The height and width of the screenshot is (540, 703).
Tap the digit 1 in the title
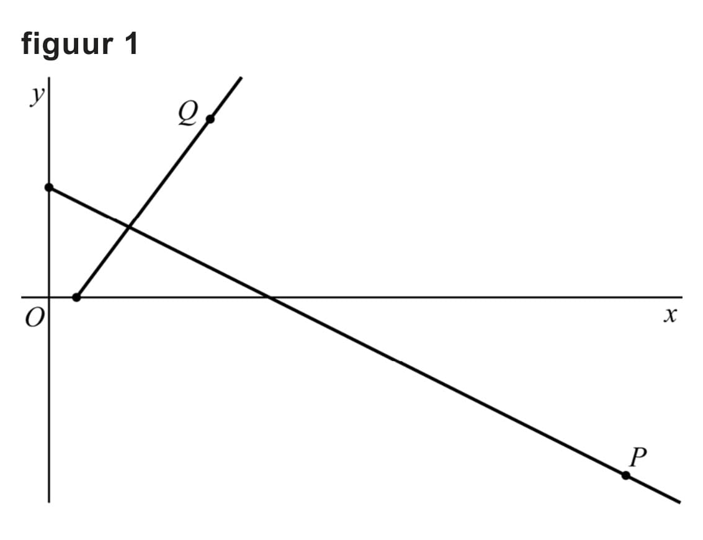130,43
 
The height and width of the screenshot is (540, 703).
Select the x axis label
669,316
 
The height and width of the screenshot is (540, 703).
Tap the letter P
637,457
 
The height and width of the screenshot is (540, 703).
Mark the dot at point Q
210,119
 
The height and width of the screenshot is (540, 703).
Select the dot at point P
626,475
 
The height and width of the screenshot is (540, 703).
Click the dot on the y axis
49,187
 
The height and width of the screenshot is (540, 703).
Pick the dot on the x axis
76,297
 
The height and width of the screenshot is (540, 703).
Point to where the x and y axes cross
49,297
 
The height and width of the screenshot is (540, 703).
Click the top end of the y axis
49,79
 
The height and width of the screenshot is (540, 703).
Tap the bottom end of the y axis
49,501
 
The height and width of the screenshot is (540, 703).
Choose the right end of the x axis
681,297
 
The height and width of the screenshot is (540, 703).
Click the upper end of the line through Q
240,78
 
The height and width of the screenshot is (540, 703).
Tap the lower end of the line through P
679,502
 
